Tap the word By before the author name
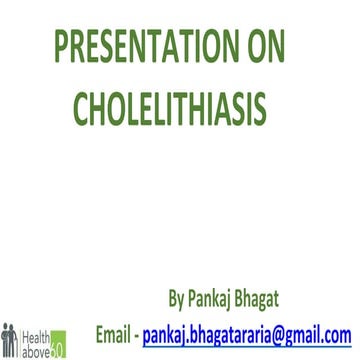pos(179,298)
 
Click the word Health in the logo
pos(34,330)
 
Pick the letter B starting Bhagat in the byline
pos(253,298)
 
